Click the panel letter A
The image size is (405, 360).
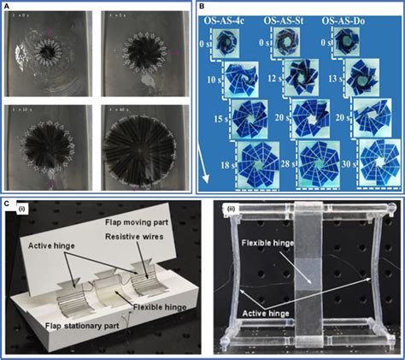9,9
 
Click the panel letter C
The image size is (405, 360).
9,204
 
